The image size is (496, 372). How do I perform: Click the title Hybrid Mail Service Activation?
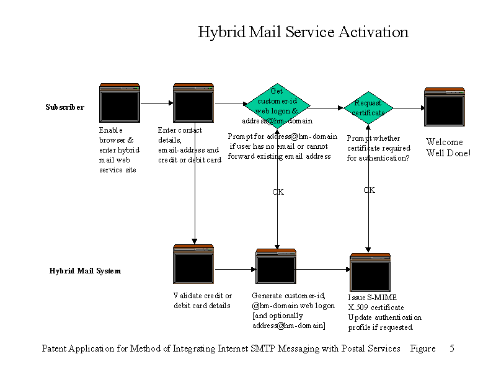(x=303, y=32)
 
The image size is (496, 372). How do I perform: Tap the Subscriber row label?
(x=64, y=107)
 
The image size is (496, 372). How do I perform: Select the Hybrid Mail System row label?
(x=85, y=271)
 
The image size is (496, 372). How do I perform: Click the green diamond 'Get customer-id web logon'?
(x=277, y=104)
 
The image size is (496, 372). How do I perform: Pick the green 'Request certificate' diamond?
(x=369, y=107)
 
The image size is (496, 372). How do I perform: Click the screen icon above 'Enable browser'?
(x=120, y=104)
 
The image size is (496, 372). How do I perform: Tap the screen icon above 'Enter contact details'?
(x=193, y=104)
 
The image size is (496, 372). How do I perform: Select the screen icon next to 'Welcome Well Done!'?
(x=445, y=108)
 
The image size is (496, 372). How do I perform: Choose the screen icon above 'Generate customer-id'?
(x=276, y=267)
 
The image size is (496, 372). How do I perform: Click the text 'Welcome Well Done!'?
(x=448, y=148)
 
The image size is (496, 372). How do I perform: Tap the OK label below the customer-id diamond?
(x=278, y=192)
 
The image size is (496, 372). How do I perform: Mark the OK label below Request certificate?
(x=369, y=190)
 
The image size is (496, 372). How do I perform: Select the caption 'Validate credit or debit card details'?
(x=203, y=300)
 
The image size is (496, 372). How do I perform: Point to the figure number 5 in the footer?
(x=452, y=348)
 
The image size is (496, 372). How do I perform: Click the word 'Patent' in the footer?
(x=55, y=348)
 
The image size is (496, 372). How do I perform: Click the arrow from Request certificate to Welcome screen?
(x=409, y=107)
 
